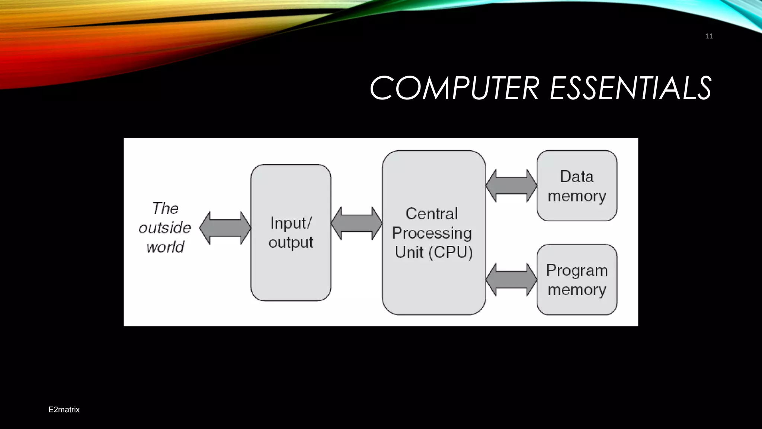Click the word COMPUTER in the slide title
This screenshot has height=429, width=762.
454,88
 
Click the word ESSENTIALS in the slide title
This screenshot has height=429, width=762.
630,88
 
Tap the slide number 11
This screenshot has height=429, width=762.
709,36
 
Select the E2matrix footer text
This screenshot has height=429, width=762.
64,410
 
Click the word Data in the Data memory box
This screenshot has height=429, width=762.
577,177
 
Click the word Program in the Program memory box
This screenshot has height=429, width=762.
577,271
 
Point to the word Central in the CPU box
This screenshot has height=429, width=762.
432,214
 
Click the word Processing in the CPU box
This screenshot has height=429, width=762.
432,233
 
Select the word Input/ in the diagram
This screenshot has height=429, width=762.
291,223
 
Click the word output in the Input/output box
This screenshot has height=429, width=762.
291,243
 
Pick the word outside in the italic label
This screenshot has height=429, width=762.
165,228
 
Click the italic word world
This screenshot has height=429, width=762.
165,247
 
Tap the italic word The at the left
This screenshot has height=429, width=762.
165,208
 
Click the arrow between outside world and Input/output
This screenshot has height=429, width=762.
225,228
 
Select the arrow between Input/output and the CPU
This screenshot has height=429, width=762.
356,223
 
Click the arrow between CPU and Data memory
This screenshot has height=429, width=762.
511,185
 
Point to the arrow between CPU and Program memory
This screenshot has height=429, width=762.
511,280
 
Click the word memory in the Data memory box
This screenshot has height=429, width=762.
577,196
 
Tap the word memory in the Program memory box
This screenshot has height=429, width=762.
577,290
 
